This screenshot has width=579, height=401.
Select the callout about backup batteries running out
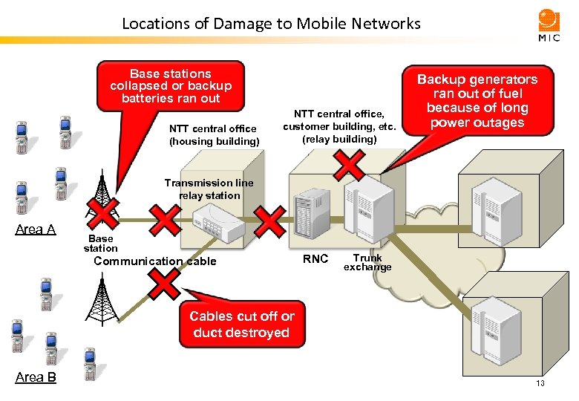(171, 85)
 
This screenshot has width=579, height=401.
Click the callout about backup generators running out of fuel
(477, 100)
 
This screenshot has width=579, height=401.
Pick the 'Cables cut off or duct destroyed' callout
(241, 325)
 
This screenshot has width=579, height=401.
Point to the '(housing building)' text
(214, 141)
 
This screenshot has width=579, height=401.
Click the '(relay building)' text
(339, 138)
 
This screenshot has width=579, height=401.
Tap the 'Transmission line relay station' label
(209, 189)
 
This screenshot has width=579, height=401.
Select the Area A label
(36, 229)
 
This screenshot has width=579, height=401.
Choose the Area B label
(36, 377)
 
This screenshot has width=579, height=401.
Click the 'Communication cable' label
(155, 261)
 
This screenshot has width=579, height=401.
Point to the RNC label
(315, 259)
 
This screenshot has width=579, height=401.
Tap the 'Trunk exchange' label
(367, 262)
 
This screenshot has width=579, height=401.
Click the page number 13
(540, 383)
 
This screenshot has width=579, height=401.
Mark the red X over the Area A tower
(102, 214)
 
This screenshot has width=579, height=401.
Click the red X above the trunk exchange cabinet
(347, 165)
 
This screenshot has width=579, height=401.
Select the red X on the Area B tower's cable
(164, 283)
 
